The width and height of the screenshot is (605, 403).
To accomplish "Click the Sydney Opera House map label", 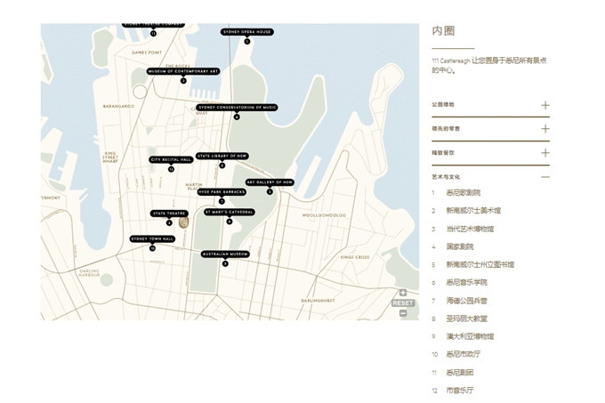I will pos(247,32).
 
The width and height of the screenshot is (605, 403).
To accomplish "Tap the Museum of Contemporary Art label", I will pos(183,71).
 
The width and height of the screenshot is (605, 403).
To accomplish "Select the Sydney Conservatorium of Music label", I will pos(237,108).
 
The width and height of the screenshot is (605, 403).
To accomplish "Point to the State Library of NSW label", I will pos(222,156).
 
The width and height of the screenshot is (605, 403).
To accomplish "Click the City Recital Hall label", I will pos(171,160).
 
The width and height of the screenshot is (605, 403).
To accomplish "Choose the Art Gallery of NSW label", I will pos(270,182).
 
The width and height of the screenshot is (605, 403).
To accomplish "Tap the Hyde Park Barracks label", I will pos(222,191).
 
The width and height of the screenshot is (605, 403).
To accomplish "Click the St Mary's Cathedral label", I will pos(229,212).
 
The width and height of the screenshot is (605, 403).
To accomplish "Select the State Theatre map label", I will pos(169,214).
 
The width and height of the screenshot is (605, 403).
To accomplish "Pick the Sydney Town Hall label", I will pos(152,238).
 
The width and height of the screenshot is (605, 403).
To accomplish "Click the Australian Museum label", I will pos(225,254).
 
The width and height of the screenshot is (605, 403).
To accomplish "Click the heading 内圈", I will pos(443,31).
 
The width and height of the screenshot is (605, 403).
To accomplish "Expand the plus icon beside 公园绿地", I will pos(545,105).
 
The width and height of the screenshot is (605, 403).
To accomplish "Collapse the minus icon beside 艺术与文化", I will pos(545,177).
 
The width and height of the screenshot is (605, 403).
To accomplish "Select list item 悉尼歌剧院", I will pos(463,193).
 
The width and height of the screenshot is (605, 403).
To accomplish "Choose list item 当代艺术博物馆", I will pos(469,229).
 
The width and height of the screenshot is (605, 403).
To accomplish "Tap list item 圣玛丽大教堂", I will pos(466,318).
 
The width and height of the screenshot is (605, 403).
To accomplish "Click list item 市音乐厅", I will pos(460,391).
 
